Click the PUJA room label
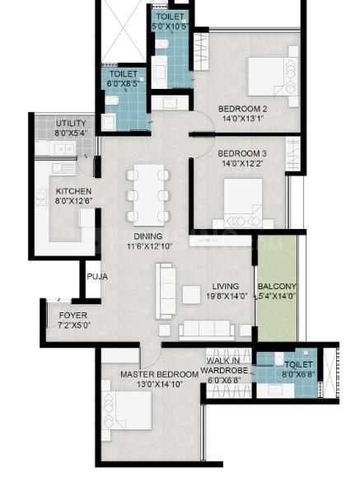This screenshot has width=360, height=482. click(x=97, y=277)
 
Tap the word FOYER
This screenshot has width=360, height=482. click(x=73, y=316)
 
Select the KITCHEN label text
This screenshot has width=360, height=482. click(x=74, y=191)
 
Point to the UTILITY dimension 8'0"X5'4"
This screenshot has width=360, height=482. click(x=71, y=133)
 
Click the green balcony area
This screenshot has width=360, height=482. click(x=277, y=288)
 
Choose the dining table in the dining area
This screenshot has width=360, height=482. click(x=148, y=195)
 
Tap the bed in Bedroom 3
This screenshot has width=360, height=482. click(x=243, y=204)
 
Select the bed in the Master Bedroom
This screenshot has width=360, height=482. click(x=127, y=410)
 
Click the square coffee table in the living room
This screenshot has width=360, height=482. click(x=191, y=295)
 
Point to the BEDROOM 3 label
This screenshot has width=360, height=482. click(x=242, y=153)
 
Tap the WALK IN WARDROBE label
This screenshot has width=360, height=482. click(x=224, y=365)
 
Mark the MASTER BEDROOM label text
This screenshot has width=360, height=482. click(x=159, y=374)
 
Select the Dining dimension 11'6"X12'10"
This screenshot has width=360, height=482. click(x=149, y=246)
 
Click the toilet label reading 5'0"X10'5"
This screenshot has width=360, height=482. click(x=170, y=26)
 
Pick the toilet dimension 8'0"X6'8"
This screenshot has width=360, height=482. click(x=298, y=374)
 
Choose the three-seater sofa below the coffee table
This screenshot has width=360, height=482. click(x=207, y=330)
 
